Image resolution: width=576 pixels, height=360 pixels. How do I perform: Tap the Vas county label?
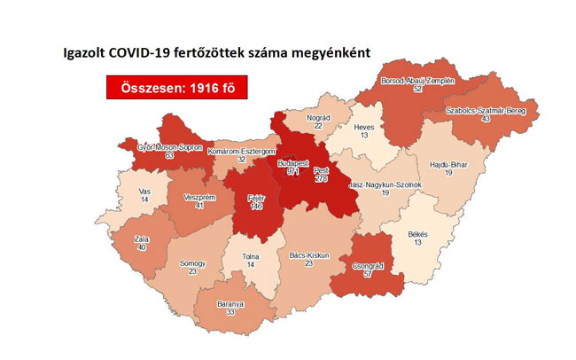click(x=144, y=192)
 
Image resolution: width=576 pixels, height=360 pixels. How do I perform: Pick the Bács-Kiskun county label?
click(x=309, y=254)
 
